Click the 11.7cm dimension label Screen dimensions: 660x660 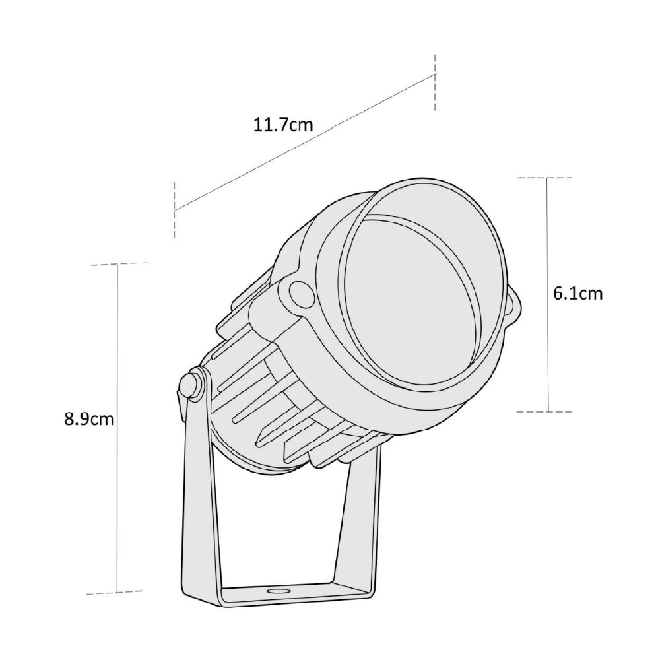pyautogui.click(x=282, y=125)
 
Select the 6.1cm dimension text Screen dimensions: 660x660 pyautogui.click(x=577, y=294)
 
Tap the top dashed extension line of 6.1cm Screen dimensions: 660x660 pyautogui.click(x=545, y=178)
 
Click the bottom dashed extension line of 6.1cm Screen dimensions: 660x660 pyautogui.click(x=545, y=411)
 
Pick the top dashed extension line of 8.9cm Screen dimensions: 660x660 pyautogui.click(x=119, y=264)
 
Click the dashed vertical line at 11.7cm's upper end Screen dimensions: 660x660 pyautogui.click(x=435, y=82)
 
